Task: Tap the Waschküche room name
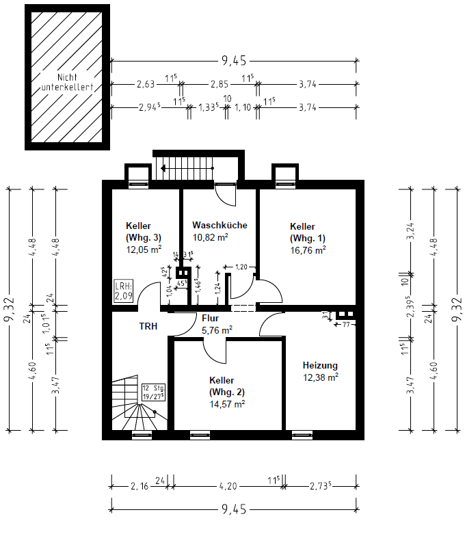tap(219, 225)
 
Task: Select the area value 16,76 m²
tap(308, 250)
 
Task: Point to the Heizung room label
tap(320, 365)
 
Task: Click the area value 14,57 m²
tap(227, 403)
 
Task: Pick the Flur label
tap(209, 318)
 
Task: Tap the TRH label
tap(148, 327)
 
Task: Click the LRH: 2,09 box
tap(123, 291)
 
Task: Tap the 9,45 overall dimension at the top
tap(233, 61)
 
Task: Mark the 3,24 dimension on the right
tap(411, 228)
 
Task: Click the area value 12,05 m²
tap(143, 250)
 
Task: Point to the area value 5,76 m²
tap(217, 330)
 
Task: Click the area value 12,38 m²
tap(320, 376)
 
